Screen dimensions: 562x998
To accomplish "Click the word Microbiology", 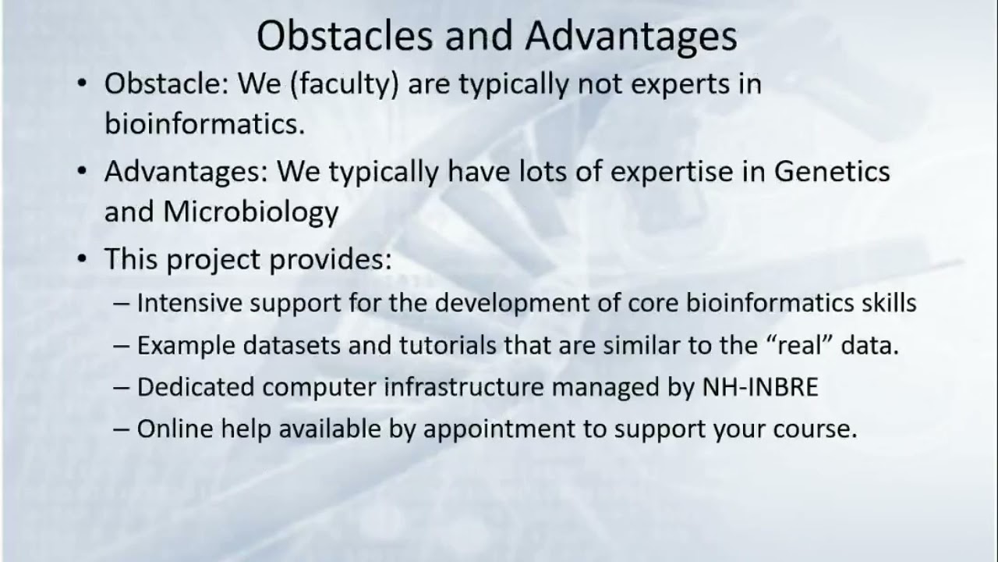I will click(250, 212).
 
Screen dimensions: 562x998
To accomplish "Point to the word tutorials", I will click(437, 345).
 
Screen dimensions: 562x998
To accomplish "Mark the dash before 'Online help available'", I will click(122, 429).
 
